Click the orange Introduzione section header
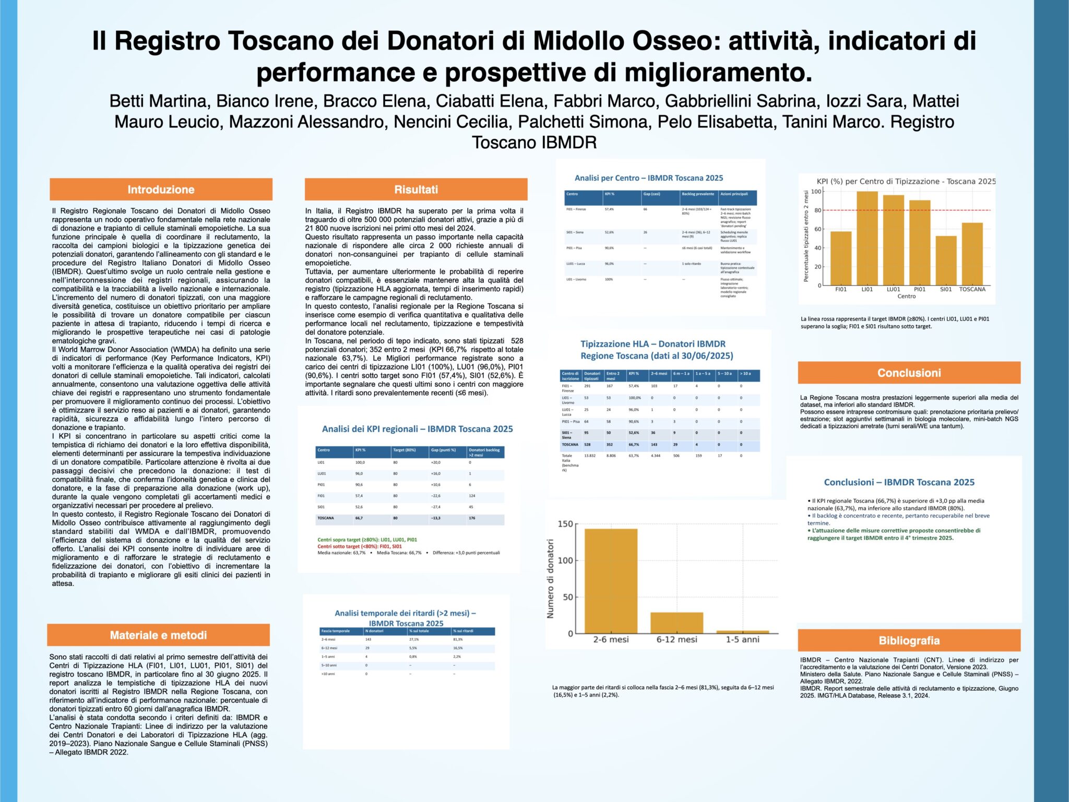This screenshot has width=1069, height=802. [x=161, y=190]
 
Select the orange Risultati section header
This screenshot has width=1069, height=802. [x=416, y=190]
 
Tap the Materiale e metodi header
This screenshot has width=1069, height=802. [x=158, y=635]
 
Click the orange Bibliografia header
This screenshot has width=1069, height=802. [x=909, y=640]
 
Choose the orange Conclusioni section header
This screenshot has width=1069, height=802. [x=909, y=373]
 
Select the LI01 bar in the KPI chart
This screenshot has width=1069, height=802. [x=867, y=238]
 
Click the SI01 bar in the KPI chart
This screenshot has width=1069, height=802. [x=946, y=261]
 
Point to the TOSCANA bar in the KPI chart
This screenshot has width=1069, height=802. [x=972, y=254]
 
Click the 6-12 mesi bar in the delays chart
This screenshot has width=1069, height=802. [x=676, y=622]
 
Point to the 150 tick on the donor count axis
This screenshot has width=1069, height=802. [x=565, y=524]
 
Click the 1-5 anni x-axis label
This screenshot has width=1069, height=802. [x=742, y=640]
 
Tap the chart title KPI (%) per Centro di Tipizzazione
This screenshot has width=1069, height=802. [x=906, y=181]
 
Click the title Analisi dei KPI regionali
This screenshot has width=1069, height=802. [x=417, y=429]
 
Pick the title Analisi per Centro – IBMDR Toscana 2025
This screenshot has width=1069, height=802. [x=649, y=178]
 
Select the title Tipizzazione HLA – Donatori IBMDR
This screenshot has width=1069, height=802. [x=653, y=344]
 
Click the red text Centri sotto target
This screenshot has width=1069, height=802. [x=359, y=546]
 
